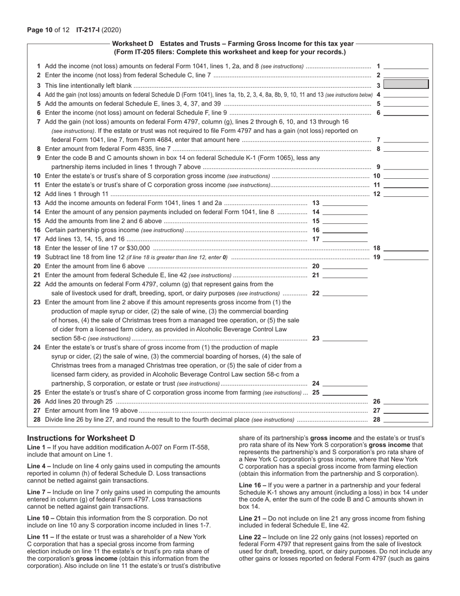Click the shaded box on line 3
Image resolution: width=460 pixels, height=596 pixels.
pos(406,85)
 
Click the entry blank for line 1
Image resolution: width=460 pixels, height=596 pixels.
pos(406,66)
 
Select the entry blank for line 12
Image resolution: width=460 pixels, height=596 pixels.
pos(406,194)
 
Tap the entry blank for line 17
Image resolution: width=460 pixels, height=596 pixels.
pos(345,239)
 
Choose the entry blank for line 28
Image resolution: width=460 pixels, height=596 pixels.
pos(406,419)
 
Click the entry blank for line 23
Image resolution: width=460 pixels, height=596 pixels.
pos(345,338)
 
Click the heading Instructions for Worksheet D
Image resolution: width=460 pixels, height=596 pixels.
pos(81,438)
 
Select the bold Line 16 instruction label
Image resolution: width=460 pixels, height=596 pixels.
pos(252,485)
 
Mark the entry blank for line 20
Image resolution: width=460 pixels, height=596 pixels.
pos(345,266)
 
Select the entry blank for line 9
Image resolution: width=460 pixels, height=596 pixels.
pos(406,167)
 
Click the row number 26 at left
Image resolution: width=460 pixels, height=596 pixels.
pos(37,401)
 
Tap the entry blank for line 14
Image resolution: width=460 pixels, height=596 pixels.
pos(345,212)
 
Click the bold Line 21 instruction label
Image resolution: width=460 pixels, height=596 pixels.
pos(252,518)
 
